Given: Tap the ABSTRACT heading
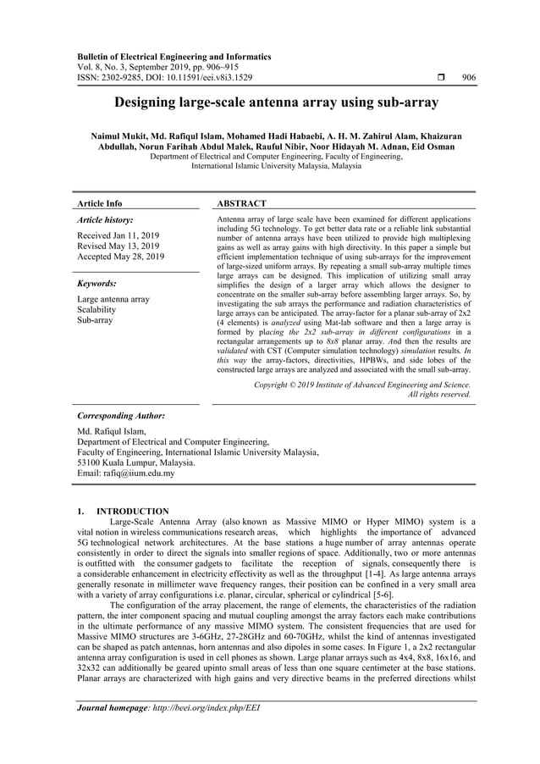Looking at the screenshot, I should (x=242, y=203).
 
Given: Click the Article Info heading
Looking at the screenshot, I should (x=100, y=203).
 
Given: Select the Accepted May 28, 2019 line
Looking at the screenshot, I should (x=121, y=257).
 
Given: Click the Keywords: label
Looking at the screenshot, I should (x=96, y=284).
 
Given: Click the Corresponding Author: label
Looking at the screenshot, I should (x=120, y=417).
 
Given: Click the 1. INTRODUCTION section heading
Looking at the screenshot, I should (x=123, y=512).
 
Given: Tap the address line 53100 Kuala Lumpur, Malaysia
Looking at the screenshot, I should (x=135, y=462).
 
